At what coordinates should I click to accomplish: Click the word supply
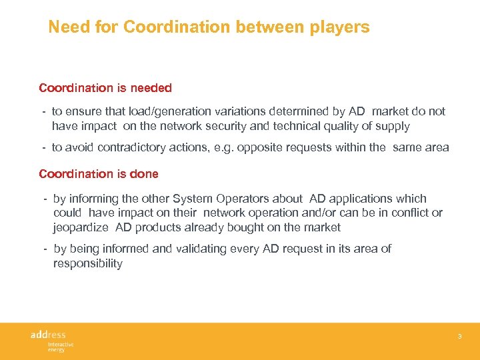coord(393,126)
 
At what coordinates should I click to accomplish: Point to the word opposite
coord(267,147)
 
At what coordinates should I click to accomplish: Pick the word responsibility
coord(88,263)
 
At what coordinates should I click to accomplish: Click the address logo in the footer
coord(49,334)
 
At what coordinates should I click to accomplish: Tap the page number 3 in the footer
coord(459,337)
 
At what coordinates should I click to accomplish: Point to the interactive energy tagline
coord(60,346)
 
